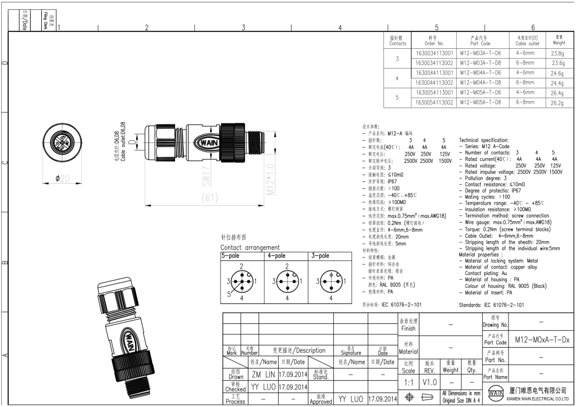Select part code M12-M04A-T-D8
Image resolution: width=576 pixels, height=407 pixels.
pos(480,83)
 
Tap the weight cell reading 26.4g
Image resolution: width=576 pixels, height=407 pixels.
pos(558,92)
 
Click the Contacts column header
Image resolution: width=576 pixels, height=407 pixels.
pos(398,40)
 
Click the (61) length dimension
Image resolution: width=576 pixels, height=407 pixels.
pos(209,198)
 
